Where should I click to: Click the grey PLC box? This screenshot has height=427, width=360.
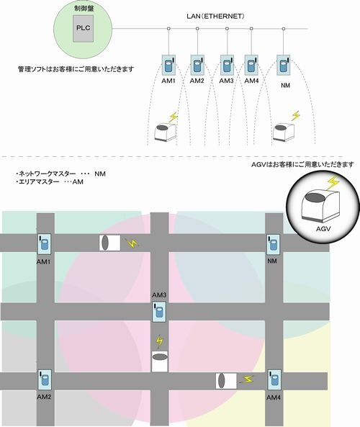click(x=83, y=28)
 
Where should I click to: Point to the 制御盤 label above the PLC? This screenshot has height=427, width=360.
click(x=84, y=8)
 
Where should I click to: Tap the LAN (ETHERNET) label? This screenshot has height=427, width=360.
click(x=215, y=16)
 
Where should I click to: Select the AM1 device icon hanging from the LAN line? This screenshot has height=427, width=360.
click(x=168, y=66)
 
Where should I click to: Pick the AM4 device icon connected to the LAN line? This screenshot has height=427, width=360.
click(x=251, y=65)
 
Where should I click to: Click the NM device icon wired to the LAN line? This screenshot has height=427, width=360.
click(x=284, y=65)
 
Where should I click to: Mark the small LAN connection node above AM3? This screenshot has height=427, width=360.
click(x=227, y=29)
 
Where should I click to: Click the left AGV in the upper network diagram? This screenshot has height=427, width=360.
click(x=166, y=132)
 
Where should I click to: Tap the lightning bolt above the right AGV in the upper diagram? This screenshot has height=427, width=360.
click(x=295, y=116)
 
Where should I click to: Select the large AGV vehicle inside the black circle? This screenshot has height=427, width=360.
click(x=321, y=206)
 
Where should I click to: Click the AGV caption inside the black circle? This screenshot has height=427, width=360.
click(x=323, y=228)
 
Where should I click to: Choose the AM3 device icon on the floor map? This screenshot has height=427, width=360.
click(x=159, y=312)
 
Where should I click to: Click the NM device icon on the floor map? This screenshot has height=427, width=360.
click(x=273, y=244)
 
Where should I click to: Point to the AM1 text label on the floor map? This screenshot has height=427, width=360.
click(x=44, y=261)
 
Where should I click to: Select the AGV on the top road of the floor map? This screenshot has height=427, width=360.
click(x=109, y=243)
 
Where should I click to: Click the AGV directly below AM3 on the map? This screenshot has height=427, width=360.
click(x=160, y=361)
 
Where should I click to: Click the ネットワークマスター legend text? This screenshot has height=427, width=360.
click(x=47, y=174)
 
